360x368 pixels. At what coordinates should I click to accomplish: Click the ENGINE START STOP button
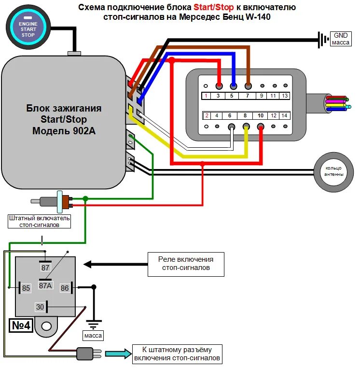pyautogui.click(x=28, y=26)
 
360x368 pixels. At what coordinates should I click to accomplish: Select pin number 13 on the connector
pyautogui.click(x=285, y=96)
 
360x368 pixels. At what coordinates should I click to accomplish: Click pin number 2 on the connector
pyautogui.click(x=207, y=115)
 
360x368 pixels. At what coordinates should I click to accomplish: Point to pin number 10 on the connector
pyautogui.click(x=261, y=115)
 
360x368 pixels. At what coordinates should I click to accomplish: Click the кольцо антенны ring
pyautogui.click(x=334, y=171)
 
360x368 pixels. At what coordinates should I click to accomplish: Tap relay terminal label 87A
pyautogui.click(x=45, y=285)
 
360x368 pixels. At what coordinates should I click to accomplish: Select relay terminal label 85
pyautogui.click(x=26, y=288)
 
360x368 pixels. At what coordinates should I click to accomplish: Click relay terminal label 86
pyautogui.click(x=65, y=288)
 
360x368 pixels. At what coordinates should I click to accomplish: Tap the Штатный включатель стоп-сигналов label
pyautogui.click(x=39, y=221)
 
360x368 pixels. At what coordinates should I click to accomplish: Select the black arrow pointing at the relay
pyautogui.click(x=115, y=264)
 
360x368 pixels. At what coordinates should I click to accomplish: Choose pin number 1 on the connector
pyautogui.click(x=207, y=96)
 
